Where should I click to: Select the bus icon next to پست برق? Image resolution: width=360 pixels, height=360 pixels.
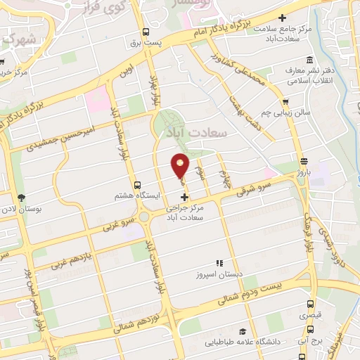(146, 32)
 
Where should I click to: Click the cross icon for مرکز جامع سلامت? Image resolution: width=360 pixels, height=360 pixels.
(283, 18)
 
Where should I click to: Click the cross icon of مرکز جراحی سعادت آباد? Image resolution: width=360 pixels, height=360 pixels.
(184, 198)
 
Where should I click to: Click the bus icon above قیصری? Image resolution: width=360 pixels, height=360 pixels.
(311, 304)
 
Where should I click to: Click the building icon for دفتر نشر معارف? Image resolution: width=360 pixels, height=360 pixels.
(289, 72)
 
